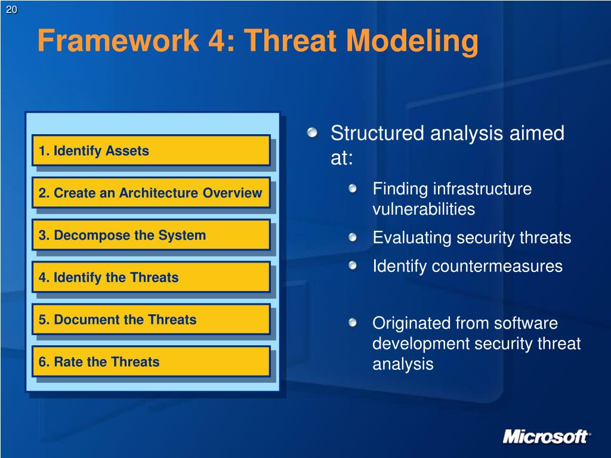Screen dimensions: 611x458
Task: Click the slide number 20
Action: pos(11,10)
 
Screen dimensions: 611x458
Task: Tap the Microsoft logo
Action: pos(547,437)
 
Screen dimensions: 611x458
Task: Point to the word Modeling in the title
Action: pos(412,42)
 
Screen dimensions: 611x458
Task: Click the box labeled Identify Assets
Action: pos(151,151)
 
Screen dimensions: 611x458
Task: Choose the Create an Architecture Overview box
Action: pos(151,193)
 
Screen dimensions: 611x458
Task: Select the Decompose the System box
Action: pos(151,235)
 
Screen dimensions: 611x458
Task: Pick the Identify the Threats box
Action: pos(151,277)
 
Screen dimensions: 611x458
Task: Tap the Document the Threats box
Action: pos(151,320)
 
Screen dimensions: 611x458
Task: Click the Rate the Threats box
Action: pos(151,361)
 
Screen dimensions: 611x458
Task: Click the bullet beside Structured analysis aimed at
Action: pos(312,133)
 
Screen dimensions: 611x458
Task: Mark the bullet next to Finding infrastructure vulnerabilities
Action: pos(353,189)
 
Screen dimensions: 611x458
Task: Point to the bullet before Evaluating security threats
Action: pos(353,237)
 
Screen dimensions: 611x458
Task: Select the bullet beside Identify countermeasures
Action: pos(353,265)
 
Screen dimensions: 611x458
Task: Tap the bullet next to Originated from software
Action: pos(353,323)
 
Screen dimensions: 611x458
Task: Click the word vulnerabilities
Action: pos(424,209)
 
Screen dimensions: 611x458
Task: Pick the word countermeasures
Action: pos(497,267)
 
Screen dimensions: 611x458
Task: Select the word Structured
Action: pos(377,133)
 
